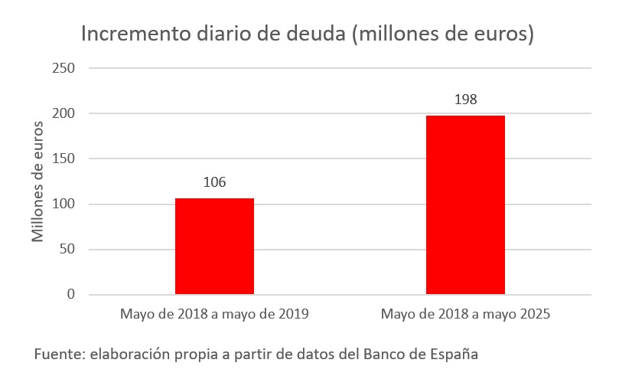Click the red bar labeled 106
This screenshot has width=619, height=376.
214,246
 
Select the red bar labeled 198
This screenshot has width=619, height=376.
465,204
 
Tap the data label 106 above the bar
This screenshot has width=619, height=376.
214,182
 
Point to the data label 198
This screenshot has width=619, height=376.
465,100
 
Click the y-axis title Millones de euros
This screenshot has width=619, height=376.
37,181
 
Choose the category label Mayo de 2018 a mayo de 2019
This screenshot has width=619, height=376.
214,314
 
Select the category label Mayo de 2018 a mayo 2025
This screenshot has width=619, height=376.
465,314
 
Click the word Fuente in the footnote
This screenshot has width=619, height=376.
58,355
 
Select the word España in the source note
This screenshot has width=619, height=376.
456,355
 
